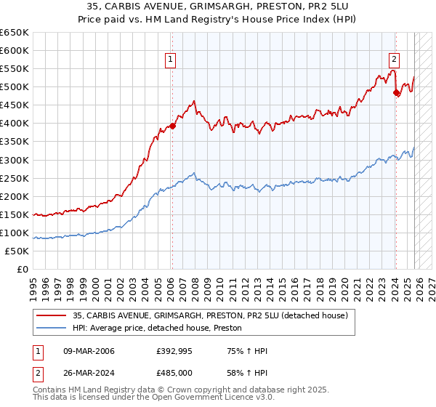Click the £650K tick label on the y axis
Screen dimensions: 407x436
[x=15, y=33]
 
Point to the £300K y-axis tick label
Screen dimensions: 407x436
[x=15, y=160]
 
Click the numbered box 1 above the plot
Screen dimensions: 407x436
[x=170, y=60]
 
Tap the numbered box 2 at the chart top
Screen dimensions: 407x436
[x=394, y=60]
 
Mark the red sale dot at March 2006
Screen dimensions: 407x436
[x=172, y=126]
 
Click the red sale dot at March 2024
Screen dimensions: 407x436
[x=396, y=92]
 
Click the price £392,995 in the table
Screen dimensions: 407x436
[x=173, y=352]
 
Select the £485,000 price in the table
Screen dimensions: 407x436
[x=173, y=371]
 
